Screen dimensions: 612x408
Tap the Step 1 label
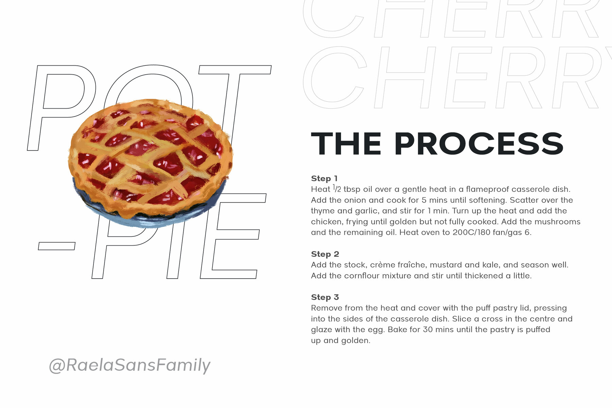coord(324,178)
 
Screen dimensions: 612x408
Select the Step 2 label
coord(325,254)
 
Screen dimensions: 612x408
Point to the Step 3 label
coord(325,297)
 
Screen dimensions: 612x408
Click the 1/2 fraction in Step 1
coord(337,189)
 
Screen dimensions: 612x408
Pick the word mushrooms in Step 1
coord(558,222)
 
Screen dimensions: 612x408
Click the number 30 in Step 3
coord(428,330)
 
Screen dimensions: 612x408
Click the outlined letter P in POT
coord(61,108)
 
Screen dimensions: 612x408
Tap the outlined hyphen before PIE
coord(56,246)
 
